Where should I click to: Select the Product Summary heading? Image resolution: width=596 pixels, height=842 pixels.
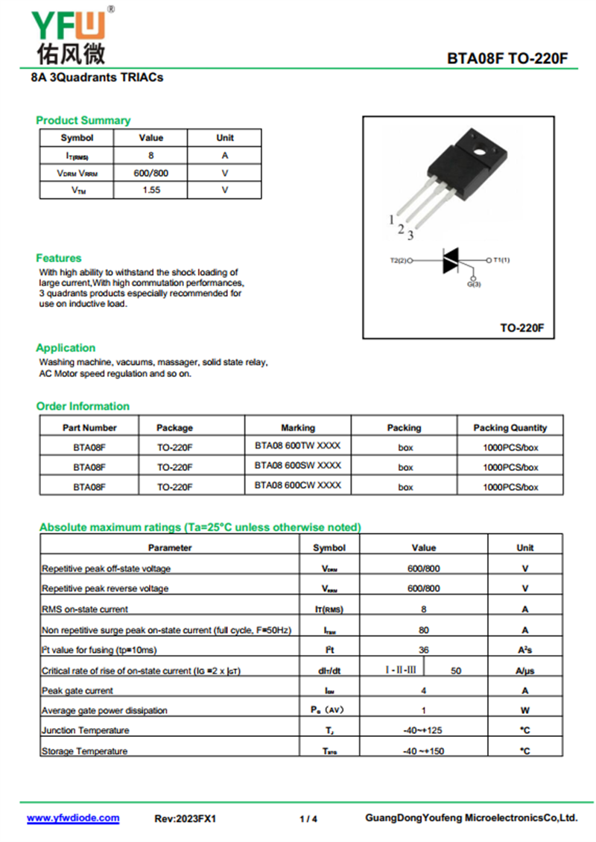pyautogui.click(x=83, y=120)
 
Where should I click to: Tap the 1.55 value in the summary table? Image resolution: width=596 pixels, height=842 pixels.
pyautogui.click(x=150, y=190)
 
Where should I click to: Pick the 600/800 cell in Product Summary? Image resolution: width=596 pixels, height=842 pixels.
pyautogui.click(x=150, y=173)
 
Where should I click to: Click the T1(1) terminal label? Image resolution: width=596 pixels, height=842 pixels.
pyautogui.click(x=501, y=260)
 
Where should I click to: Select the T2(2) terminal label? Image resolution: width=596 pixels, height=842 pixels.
pyautogui.click(x=399, y=261)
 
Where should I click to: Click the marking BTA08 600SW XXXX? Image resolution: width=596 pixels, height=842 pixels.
pyautogui.click(x=297, y=466)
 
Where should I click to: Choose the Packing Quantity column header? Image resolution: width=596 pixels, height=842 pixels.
pyautogui.click(x=510, y=428)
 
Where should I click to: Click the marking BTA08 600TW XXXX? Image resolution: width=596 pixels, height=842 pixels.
pyautogui.click(x=297, y=446)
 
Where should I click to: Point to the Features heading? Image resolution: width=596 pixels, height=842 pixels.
pyautogui.click(x=59, y=258)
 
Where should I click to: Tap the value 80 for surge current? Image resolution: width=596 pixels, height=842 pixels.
pyautogui.click(x=423, y=630)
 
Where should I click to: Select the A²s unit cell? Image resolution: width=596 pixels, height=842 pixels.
pyautogui.click(x=524, y=651)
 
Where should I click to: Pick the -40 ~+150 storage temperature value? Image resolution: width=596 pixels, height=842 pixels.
pyautogui.click(x=423, y=751)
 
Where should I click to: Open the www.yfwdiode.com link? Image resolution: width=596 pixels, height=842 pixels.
pyautogui.click(x=73, y=818)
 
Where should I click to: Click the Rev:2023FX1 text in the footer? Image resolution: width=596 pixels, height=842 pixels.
pyautogui.click(x=185, y=819)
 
